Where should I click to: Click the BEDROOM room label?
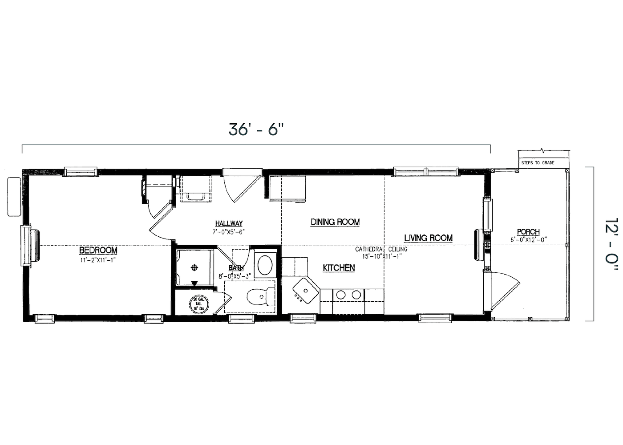[x=98, y=251]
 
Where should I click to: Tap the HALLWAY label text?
[x=229, y=223]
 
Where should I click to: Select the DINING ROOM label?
[x=335, y=222]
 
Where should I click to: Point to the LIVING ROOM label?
[x=428, y=238]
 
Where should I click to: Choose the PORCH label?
[x=528, y=232]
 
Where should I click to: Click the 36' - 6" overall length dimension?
[x=256, y=129]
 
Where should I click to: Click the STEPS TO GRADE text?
[x=538, y=163]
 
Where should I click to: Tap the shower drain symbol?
[x=194, y=267]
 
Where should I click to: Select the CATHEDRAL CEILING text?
[x=381, y=249]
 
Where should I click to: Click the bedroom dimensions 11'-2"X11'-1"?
[x=98, y=260]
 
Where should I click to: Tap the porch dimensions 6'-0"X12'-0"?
[x=528, y=240]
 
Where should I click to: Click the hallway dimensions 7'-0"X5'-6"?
[x=229, y=231]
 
